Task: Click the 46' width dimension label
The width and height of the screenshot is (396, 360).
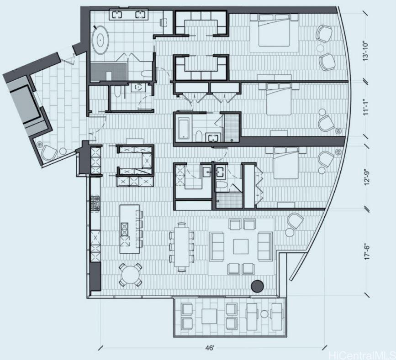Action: click(210, 348)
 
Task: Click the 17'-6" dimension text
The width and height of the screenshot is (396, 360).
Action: click(367, 251)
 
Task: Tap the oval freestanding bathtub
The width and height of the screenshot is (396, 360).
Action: click(101, 39)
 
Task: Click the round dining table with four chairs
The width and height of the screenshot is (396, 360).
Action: click(130, 275)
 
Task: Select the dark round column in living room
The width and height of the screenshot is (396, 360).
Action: click(257, 286)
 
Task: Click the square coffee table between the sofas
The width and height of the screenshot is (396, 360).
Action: click(241, 246)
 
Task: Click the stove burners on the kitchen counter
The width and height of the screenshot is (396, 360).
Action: click(95, 203)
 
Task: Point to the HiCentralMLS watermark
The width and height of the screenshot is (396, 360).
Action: click(362, 355)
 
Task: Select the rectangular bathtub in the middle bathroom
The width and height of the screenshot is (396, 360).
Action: click(183, 130)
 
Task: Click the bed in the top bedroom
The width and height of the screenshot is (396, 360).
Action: click(274, 30)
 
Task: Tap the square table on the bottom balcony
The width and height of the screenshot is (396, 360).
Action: click(209, 316)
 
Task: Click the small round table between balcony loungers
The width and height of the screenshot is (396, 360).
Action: click(264, 314)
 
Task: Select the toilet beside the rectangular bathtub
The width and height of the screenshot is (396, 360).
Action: click(199, 136)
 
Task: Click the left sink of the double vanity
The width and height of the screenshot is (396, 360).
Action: click(117, 15)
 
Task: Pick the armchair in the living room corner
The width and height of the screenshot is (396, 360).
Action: click(295, 221)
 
